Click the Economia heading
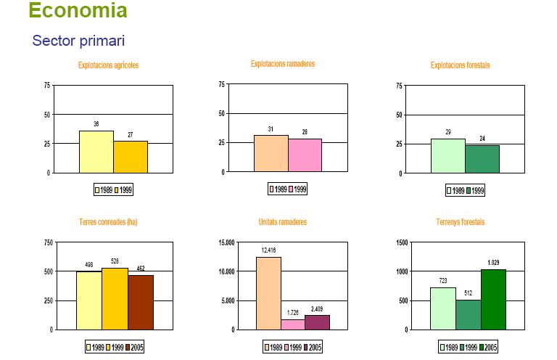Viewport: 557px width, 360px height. tap(78, 10)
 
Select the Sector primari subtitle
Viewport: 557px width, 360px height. tap(78, 41)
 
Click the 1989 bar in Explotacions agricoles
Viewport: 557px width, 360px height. tap(96, 152)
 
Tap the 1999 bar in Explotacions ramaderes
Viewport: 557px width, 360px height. tap(305, 155)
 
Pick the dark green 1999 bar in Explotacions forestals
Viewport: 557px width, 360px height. tap(482, 159)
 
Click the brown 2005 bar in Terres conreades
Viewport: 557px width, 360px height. tap(141, 303)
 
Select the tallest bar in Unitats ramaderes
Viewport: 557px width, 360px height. tap(268, 293)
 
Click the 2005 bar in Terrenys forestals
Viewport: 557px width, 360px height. tap(493, 300)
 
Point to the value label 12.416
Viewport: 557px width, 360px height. tap(268, 250)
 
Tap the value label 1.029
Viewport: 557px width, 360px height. tap(493, 263)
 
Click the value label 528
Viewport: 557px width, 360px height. tap(115, 261)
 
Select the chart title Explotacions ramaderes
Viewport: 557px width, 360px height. tap(283, 64)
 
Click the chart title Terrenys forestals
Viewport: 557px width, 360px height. tap(461, 222)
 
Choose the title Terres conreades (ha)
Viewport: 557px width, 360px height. tap(108, 222)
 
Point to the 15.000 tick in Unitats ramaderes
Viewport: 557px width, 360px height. tap(226, 242)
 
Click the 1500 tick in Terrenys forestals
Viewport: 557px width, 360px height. tap(402, 242)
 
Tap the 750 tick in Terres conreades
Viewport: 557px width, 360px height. tap(49, 242)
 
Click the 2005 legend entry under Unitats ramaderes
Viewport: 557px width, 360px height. tap(312, 347)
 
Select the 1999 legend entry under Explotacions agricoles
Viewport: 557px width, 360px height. tap(123, 189)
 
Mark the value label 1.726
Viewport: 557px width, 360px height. tap(293, 313)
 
